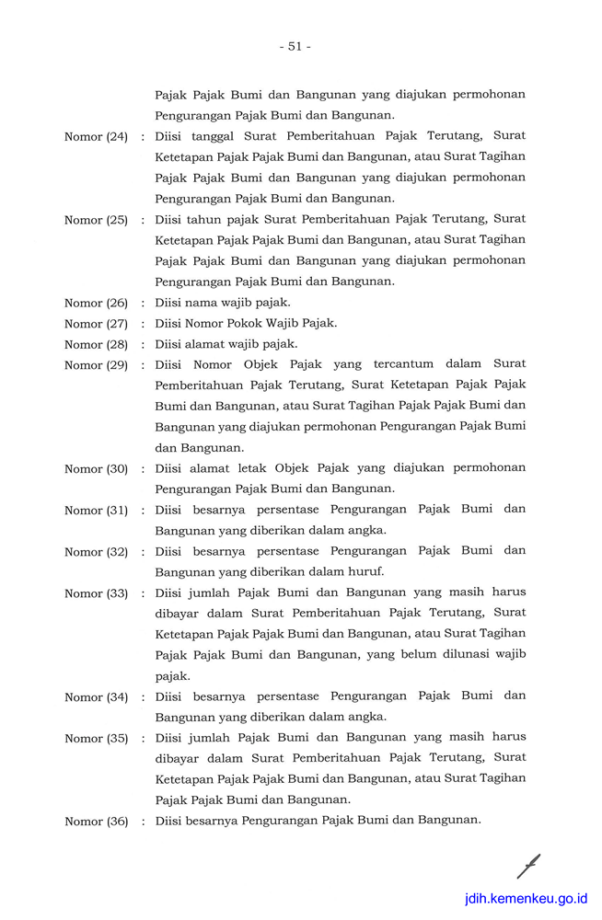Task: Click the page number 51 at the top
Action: click(x=295, y=46)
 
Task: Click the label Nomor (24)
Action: click(x=96, y=137)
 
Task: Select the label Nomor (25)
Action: click(x=96, y=220)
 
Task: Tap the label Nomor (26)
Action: click(x=96, y=303)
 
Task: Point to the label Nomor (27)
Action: click(x=96, y=324)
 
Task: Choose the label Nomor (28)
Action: click(x=96, y=344)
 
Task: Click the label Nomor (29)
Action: click(x=96, y=365)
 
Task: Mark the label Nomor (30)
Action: click(x=96, y=469)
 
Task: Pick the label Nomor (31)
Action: click(x=96, y=511)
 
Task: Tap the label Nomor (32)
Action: click(x=96, y=552)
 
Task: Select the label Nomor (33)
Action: click(x=96, y=593)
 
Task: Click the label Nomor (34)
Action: click(x=96, y=697)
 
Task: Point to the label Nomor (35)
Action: click(x=96, y=739)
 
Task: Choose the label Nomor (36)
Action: click(x=96, y=822)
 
